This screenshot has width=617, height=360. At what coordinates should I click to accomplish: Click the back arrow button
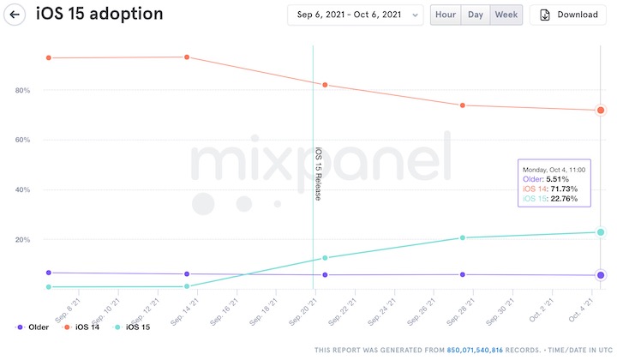[15, 15]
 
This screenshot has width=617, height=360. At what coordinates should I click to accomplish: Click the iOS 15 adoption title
[99, 15]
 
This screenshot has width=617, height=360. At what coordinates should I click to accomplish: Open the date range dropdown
[356, 15]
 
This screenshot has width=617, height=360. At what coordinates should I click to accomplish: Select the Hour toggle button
[446, 15]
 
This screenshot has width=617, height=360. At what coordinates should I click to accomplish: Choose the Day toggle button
[475, 15]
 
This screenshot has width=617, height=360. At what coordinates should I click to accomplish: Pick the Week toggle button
[505, 15]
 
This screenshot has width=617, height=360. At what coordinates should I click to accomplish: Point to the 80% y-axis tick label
[22, 90]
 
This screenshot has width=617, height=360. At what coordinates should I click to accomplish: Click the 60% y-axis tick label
[22, 140]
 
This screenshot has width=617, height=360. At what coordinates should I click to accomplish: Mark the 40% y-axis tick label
[22, 189]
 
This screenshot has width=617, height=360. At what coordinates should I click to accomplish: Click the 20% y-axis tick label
[22, 239]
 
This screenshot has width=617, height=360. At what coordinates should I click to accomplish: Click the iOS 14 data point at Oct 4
[601, 110]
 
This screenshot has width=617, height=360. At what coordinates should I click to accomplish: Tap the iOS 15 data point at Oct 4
[601, 232]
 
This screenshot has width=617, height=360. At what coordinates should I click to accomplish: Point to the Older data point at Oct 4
[601, 275]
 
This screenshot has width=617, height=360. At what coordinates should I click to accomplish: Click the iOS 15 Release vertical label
[318, 174]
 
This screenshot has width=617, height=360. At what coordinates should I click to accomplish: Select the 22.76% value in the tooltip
[563, 199]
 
